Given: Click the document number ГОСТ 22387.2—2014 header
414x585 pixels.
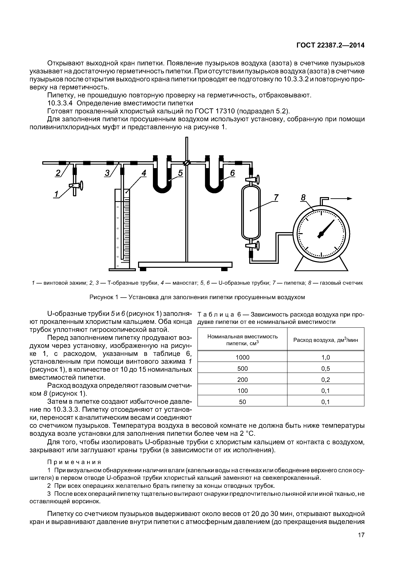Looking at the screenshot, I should [x=330, y=45].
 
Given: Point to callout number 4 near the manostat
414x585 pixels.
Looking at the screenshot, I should [x=144, y=173].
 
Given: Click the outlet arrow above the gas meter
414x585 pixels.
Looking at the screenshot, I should [x=341, y=198].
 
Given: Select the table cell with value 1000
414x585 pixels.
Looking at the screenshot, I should [x=242, y=358].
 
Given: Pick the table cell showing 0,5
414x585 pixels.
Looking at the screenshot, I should [x=326, y=369].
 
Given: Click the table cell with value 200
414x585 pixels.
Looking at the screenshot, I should [x=242, y=380].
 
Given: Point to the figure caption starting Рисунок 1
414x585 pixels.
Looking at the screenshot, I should [x=197, y=297].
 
